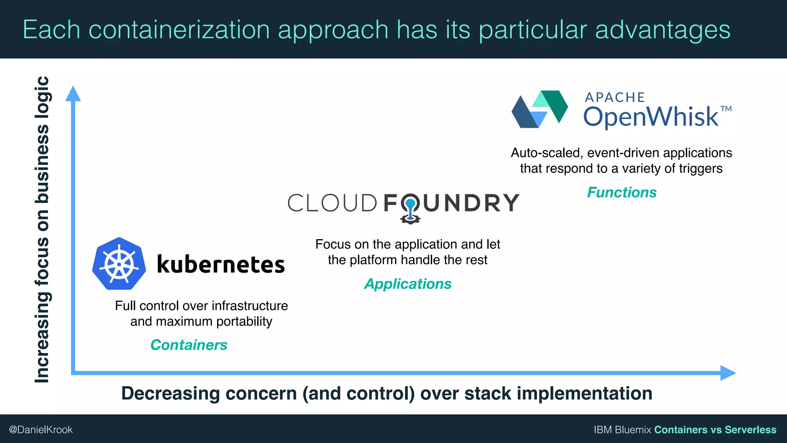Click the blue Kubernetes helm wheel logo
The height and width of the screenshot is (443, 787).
point(119,264)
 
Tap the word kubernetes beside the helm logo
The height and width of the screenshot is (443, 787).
point(221,265)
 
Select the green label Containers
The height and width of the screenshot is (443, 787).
point(189,345)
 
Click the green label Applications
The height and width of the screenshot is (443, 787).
point(408,284)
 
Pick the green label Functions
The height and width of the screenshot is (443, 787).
point(622,192)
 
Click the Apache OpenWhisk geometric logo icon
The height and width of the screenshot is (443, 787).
point(540,109)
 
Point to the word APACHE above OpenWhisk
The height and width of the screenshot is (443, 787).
point(614,97)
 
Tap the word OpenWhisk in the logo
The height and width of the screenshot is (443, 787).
point(651,117)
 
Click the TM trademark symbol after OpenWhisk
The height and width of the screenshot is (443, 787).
point(726,109)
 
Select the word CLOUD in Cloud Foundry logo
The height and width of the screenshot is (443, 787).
point(332,203)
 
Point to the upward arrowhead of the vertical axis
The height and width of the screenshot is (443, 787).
point(73,94)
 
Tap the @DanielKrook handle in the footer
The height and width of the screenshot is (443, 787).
point(41,430)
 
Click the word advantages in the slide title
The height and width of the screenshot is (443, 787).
point(662,30)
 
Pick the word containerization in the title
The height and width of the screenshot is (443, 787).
point(179,30)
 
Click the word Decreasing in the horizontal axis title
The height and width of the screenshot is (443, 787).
point(170,393)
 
